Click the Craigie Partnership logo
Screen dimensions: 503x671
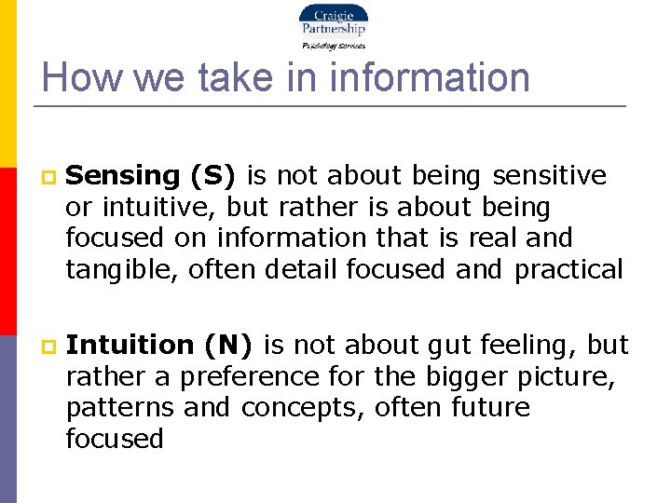[x=333, y=25]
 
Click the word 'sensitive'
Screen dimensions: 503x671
[x=549, y=175]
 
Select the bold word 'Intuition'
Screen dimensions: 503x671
[x=130, y=345]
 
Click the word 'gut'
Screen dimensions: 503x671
[x=450, y=345]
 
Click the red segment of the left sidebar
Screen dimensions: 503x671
[x=7, y=251]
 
